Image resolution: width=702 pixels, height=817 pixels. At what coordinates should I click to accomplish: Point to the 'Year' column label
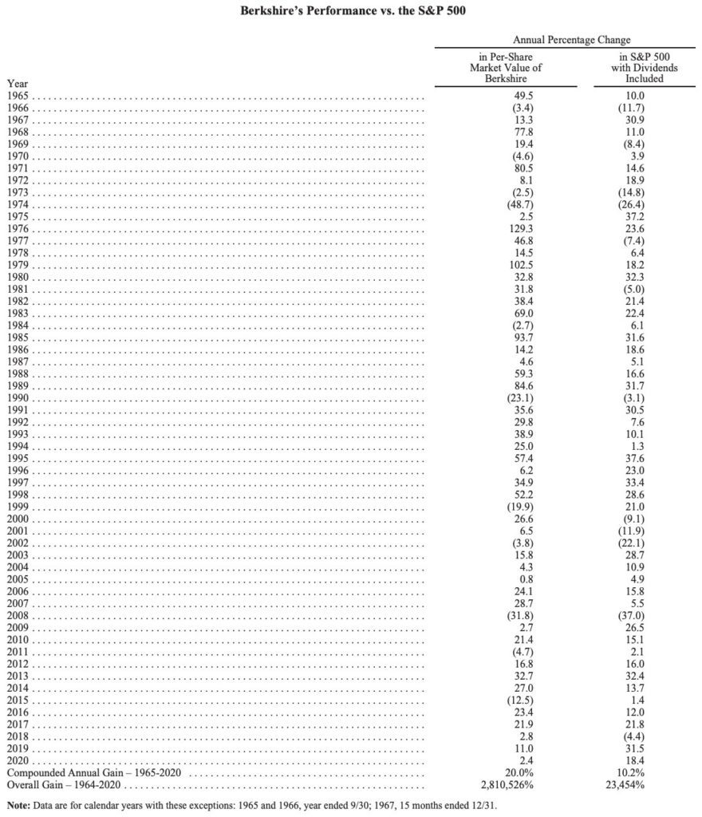[17, 83]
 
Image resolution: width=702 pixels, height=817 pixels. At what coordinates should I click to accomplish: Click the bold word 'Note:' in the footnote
[20, 804]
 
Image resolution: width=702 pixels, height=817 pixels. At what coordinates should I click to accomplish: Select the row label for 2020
[18, 762]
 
